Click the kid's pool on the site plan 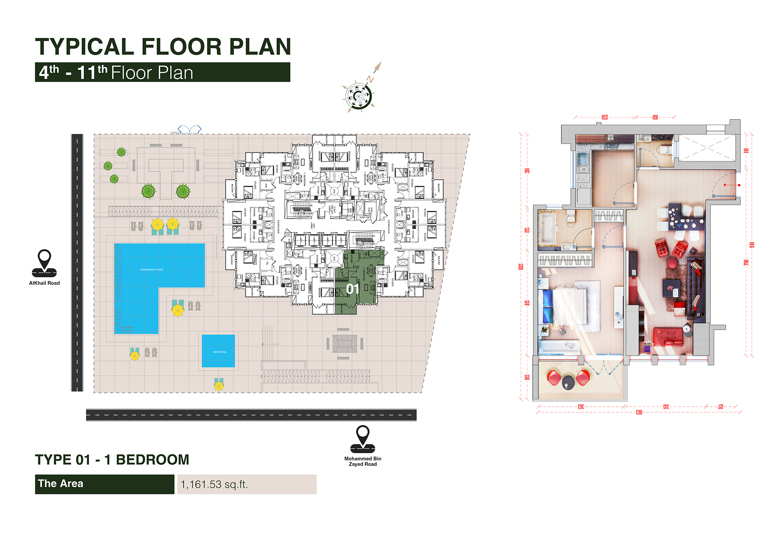pos(218,351)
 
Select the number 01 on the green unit pos(352,289)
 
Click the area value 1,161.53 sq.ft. pos(214,484)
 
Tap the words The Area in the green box pos(60,483)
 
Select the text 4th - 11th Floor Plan pos(116,73)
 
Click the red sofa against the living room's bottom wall pos(668,336)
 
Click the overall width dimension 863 pos(639,412)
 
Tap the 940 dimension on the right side pos(752,245)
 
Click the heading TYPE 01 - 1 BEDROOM pos(112,460)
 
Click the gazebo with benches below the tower pos(344,343)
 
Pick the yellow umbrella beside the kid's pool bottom pos(219,385)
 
